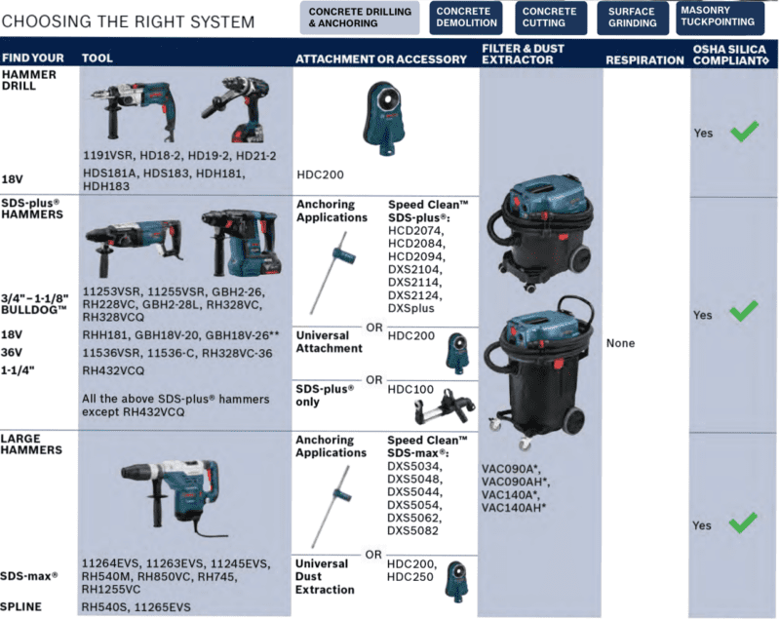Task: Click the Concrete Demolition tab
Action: pos(466,18)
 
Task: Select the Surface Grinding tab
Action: pos(632,18)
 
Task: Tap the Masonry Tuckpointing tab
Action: pos(720,18)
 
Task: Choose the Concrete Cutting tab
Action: pos(551,18)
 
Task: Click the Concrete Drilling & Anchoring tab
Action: pos(360,18)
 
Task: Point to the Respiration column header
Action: pos(644,60)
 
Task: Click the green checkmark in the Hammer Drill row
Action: pos(744,132)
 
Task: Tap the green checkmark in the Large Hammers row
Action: pos(743,523)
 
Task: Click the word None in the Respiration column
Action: pos(620,343)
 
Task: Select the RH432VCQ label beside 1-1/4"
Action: pos(113,370)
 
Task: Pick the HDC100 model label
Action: pos(410,389)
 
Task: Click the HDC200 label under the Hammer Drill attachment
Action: pos(320,174)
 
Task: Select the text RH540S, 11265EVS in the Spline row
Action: pos(136,607)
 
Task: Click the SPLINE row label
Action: pos(20,606)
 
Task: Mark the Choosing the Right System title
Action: pos(128,21)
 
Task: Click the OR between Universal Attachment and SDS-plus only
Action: pos(374,380)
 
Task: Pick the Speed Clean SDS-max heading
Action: pos(427,446)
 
